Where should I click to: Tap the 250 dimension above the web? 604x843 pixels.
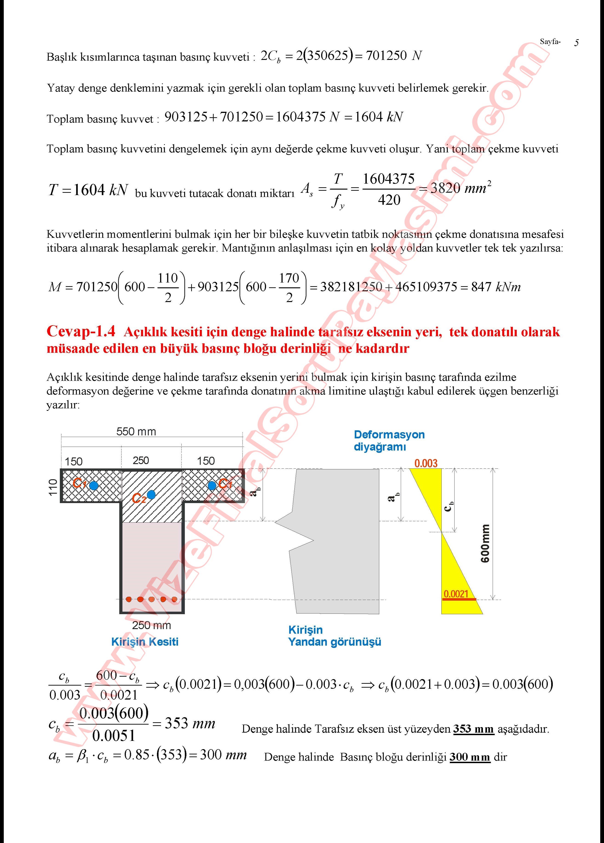click(141, 461)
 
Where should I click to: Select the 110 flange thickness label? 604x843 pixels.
click(53, 487)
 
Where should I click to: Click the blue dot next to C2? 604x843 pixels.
click(151, 495)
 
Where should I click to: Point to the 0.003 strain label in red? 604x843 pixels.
click(426, 463)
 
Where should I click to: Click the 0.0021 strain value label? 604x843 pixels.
click(456, 594)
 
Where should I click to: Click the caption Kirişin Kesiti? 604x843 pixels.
click(145, 642)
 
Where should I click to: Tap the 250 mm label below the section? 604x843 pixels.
click(151, 625)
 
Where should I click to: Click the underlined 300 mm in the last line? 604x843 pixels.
click(470, 757)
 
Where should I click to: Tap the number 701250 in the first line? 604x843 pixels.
click(386, 56)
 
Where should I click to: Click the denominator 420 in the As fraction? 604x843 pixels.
click(389, 201)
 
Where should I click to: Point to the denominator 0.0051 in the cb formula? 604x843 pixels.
click(113, 736)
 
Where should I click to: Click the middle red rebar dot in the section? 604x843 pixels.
click(151, 599)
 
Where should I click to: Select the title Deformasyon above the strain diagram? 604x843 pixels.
click(389, 435)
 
